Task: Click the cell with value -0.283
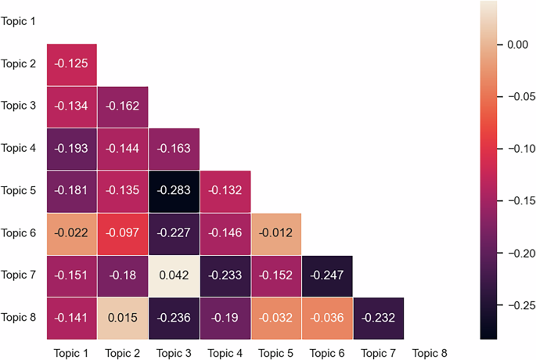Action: coord(174,190)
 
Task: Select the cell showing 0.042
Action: coord(174,275)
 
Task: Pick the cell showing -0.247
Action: coord(327,275)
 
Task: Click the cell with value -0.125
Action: coord(72,63)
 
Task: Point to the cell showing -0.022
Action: coord(72,232)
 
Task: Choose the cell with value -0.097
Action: coord(123,232)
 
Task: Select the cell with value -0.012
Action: coord(276,232)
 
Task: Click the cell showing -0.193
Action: coord(72,148)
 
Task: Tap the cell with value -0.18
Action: coord(123,275)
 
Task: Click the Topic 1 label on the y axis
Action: coord(19,21)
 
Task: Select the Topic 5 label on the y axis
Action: coord(19,190)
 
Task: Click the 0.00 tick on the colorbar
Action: coord(517,45)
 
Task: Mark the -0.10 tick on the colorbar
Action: coord(517,149)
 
